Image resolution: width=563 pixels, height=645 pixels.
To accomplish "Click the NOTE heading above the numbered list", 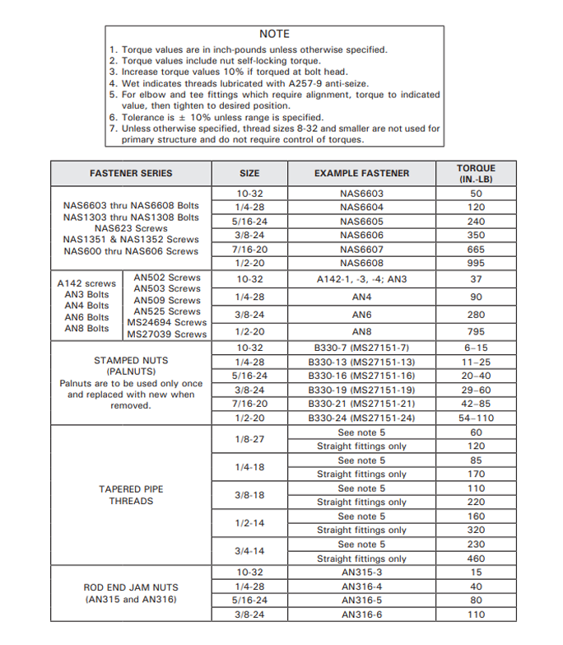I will (x=274, y=34).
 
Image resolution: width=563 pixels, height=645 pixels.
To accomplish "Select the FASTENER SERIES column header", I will (x=131, y=174).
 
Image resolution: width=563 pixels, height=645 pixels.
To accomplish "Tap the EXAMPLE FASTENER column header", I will (x=361, y=174).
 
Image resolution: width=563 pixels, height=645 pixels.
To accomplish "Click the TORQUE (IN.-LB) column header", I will (x=476, y=174).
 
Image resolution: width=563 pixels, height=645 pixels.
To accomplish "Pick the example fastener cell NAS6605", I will (x=361, y=222).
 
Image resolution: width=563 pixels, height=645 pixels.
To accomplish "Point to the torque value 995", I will (x=476, y=264).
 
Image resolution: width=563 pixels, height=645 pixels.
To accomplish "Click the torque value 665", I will (x=476, y=250).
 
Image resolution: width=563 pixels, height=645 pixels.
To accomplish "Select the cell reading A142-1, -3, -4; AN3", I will (x=361, y=279).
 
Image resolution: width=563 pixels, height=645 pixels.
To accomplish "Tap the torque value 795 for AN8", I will (x=476, y=331).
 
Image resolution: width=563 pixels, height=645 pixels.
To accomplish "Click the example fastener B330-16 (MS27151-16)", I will (x=361, y=376).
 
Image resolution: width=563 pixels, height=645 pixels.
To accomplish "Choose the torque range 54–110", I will (x=476, y=418).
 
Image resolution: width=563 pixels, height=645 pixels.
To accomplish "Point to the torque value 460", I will (x=476, y=559).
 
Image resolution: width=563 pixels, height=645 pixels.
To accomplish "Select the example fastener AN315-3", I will (x=361, y=573).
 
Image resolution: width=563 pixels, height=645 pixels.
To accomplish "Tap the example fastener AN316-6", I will (x=361, y=615).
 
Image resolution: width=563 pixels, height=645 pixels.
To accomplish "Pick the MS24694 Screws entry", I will (x=166, y=323).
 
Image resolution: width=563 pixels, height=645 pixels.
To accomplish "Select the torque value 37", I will (x=476, y=279).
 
